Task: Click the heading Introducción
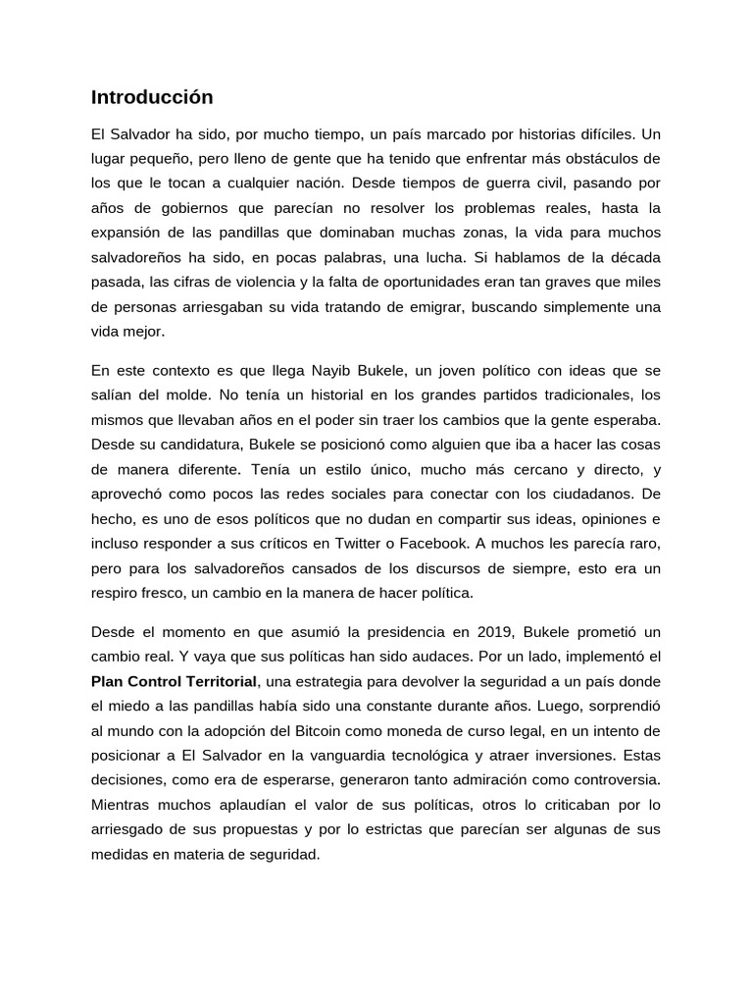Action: pos(152,97)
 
